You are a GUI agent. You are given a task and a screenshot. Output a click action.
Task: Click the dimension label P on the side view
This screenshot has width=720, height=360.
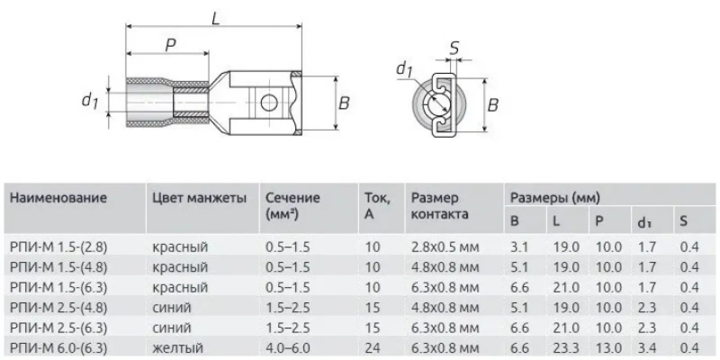[170, 45]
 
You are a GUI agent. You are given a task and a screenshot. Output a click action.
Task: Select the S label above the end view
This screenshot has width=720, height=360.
[454, 47]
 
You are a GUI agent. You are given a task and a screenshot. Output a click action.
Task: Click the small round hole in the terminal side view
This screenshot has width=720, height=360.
[269, 103]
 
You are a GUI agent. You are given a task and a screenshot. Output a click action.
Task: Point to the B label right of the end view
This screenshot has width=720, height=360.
[493, 105]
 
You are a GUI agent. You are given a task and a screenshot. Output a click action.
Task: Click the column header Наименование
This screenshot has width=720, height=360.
[58, 198]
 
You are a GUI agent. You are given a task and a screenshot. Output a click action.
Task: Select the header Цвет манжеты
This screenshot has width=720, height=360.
[199, 198]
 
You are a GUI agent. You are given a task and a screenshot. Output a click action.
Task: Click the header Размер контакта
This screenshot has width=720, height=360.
[439, 206]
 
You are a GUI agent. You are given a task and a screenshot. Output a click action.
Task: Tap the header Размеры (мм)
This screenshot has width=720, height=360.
[554, 198]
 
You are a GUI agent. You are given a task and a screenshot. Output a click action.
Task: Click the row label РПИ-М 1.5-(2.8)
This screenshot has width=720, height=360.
[58, 247]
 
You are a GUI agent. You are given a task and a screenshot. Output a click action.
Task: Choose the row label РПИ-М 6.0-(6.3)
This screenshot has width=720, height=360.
[58, 348]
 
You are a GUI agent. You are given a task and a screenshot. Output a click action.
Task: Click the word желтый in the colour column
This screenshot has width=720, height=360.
[178, 348]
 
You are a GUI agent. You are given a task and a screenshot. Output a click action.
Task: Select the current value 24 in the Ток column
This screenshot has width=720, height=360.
[373, 348]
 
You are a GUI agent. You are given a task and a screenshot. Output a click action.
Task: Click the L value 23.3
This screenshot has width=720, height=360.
[566, 348]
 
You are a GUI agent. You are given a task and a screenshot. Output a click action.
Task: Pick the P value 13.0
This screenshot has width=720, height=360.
[608, 348]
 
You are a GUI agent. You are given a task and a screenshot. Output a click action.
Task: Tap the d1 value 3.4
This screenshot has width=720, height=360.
[647, 348]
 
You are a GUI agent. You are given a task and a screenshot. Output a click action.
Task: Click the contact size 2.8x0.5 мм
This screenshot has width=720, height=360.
[445, 247]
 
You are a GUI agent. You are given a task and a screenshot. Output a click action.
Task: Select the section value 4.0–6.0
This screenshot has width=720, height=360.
[288, 348]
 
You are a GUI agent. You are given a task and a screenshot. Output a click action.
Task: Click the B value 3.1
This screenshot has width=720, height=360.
[519, 247]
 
